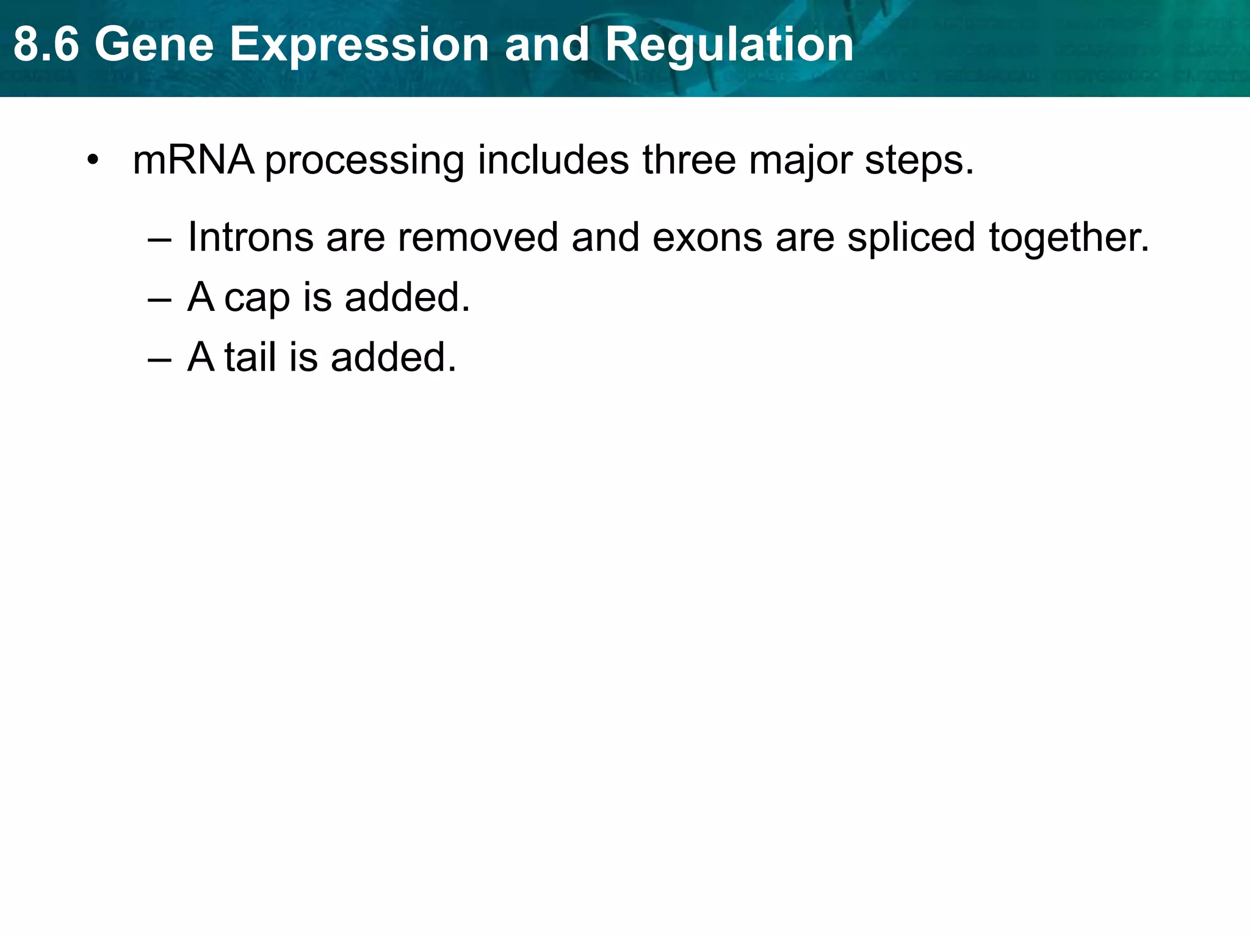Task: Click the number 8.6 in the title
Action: point(46,45)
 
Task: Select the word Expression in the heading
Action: point(358,45)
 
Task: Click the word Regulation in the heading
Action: point(729,45)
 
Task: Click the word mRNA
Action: point(193,160)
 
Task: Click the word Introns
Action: point(250,237)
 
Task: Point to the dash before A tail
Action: point(159,360)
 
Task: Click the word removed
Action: point(478,237)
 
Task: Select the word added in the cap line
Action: point(407,297)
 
